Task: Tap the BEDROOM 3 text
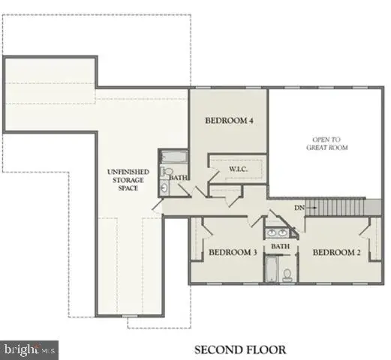tap(233, 253)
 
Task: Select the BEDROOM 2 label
tap(337, 253)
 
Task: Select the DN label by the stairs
tap(299, 207)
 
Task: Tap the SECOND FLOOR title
tap(240, 349)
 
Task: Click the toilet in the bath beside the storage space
tap(166, 175)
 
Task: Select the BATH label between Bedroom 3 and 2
tap(280, 246)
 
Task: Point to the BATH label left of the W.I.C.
tap(178, 178)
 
